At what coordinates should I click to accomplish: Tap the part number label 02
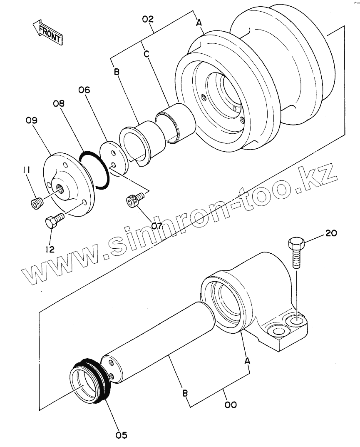click(148, 20)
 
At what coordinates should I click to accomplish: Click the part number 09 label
click(31, 121)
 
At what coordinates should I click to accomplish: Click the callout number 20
click(330, 233)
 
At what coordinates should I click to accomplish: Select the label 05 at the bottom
click(121, 435)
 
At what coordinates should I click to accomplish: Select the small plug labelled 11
click(36, 203)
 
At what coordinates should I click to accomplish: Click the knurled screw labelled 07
click(134, 200)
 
